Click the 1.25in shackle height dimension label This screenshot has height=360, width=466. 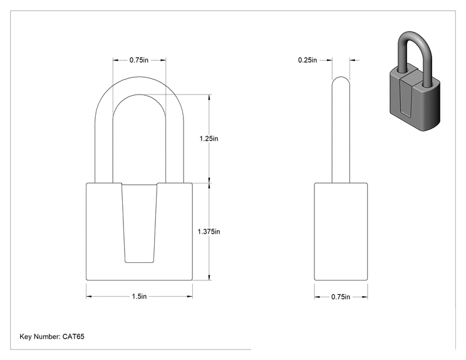click(x=209, y=138)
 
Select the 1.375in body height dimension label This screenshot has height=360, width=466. click(x=209, y=232)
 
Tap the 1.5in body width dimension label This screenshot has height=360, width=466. click(x=139, y=296)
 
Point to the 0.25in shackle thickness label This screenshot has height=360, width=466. click(x=308, y=60)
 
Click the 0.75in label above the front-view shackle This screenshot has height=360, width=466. click(x=139, y=60)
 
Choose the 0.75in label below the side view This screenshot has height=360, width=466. click(x=341, y=297)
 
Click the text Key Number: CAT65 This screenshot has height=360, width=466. click(x=52, y=337)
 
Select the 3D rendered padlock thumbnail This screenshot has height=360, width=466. click(x=415, y=81)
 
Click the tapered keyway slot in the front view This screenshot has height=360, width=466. click(x=139, y=223)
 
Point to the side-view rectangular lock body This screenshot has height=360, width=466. click(x=341, y=232)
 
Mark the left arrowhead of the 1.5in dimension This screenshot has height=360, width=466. click(x=88, y=296)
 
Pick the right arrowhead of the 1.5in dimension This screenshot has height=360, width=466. click(x=190, y=296)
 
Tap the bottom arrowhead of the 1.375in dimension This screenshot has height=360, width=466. click(x=210, y=277)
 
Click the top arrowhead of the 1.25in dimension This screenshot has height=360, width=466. click(x=210, y=98)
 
